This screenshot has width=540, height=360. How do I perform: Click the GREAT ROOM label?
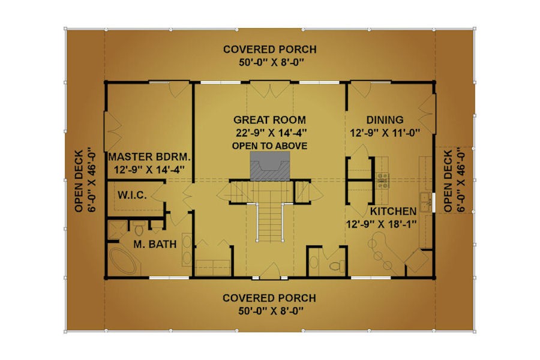point(269,120)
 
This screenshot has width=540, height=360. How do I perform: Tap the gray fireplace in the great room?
point(269,166)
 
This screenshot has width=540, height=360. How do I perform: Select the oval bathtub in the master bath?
point(123,261)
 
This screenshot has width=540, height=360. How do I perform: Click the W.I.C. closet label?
point(132,196)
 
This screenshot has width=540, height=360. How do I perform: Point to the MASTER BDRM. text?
point(149,157)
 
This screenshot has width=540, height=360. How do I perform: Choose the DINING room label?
point(385,120)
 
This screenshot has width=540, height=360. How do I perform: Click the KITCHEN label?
point(393,211)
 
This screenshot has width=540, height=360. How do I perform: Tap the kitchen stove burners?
point(382,180)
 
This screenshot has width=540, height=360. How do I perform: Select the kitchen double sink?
point(425,201)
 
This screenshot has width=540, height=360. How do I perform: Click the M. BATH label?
point(155,244)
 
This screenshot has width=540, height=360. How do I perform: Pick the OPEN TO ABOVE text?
point(269,146)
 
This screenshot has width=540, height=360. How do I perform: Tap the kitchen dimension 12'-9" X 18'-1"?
point(381,224)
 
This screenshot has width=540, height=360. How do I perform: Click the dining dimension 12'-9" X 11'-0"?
point(385,133)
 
